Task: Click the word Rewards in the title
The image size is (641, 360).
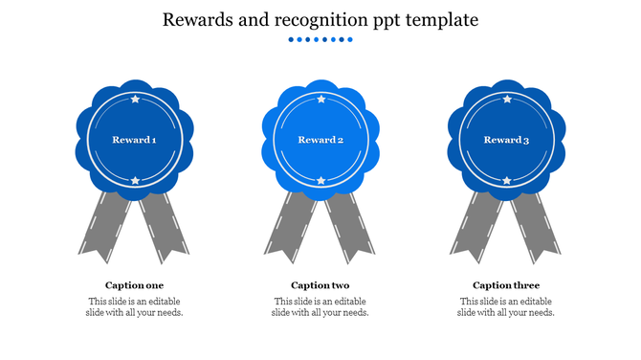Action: point(195,19)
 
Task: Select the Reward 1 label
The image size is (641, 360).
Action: point(134,140)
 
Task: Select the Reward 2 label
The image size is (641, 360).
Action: point(320,140)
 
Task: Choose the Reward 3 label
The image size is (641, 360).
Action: point(506,140)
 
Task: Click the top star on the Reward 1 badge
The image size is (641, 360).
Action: point(135,99)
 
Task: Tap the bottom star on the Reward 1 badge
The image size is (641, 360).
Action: point(135,180)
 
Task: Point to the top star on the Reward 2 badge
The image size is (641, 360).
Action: point(320,99)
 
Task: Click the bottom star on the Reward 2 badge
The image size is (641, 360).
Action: point(320,180)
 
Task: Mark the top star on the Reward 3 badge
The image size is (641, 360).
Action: point(506,99)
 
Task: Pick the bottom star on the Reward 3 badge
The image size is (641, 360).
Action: point(506,180)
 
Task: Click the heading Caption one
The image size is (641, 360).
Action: point(134,285)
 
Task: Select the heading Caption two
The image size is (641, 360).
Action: point(320,285)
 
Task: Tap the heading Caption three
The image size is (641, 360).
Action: point(506,285)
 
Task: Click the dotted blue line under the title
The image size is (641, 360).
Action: point(320,40)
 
